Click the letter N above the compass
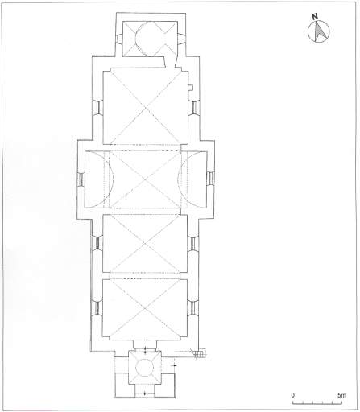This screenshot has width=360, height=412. [315, 17]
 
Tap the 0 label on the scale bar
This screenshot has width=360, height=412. [292, 395]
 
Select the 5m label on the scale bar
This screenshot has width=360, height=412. [341, 395]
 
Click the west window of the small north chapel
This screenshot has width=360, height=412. [119, 39]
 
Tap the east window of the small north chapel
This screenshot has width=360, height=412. [181, 39]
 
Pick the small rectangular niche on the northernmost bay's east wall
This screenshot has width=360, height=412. [190, 88]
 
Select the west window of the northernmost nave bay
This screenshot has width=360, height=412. [97, 107]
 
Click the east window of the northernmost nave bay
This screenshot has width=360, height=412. [193, 107]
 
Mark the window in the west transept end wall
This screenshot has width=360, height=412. [81, 179]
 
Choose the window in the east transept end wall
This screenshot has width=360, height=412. [210, 178]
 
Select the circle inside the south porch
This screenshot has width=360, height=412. [145, 368]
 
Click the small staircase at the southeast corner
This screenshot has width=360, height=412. [201, 352]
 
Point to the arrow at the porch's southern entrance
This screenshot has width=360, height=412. [145, 393]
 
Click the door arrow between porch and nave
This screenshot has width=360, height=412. [145, 349]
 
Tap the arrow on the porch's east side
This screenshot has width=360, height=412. [175, 365]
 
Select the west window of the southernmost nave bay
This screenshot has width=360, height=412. [97, 308]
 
